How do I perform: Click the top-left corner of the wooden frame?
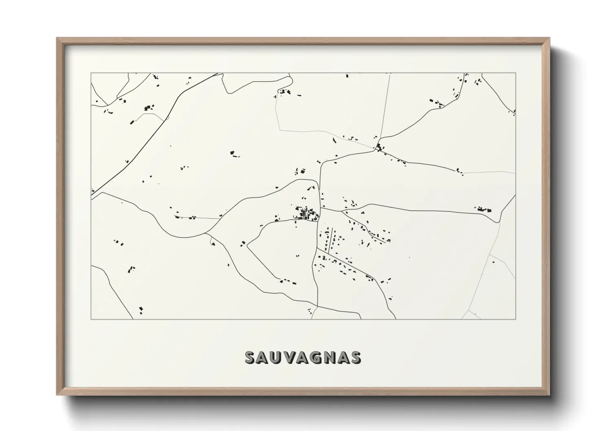(x=57, y=38)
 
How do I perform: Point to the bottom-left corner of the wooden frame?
(x=57, y=395)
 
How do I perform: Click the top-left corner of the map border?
(x=91, y=73)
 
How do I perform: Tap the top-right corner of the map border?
(x=516, y=73)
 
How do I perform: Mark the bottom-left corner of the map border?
(x=91, y=319)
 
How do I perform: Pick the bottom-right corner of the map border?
(x=516, y=319)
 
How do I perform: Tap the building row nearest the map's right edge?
(x=484, y=209)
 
